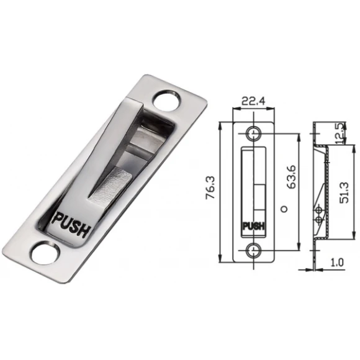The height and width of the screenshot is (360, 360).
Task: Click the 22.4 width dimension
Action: click(x=253, y=101)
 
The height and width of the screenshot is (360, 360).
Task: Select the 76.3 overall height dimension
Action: click(x=210, y=187)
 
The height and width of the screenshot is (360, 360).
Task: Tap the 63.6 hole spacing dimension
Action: click(x=291, y=177)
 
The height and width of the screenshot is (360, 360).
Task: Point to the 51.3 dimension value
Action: click(x=344, y=192)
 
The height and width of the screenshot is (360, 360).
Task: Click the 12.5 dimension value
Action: click(x=342, y=133)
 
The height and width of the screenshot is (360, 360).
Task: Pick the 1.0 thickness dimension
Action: click(x=337, y=263)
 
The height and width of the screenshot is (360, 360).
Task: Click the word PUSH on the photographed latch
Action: click(x=71, y=224)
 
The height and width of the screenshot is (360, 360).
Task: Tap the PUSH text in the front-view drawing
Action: click(x=253, y=226)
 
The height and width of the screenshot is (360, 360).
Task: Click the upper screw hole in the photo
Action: click(x=166, y=101)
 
